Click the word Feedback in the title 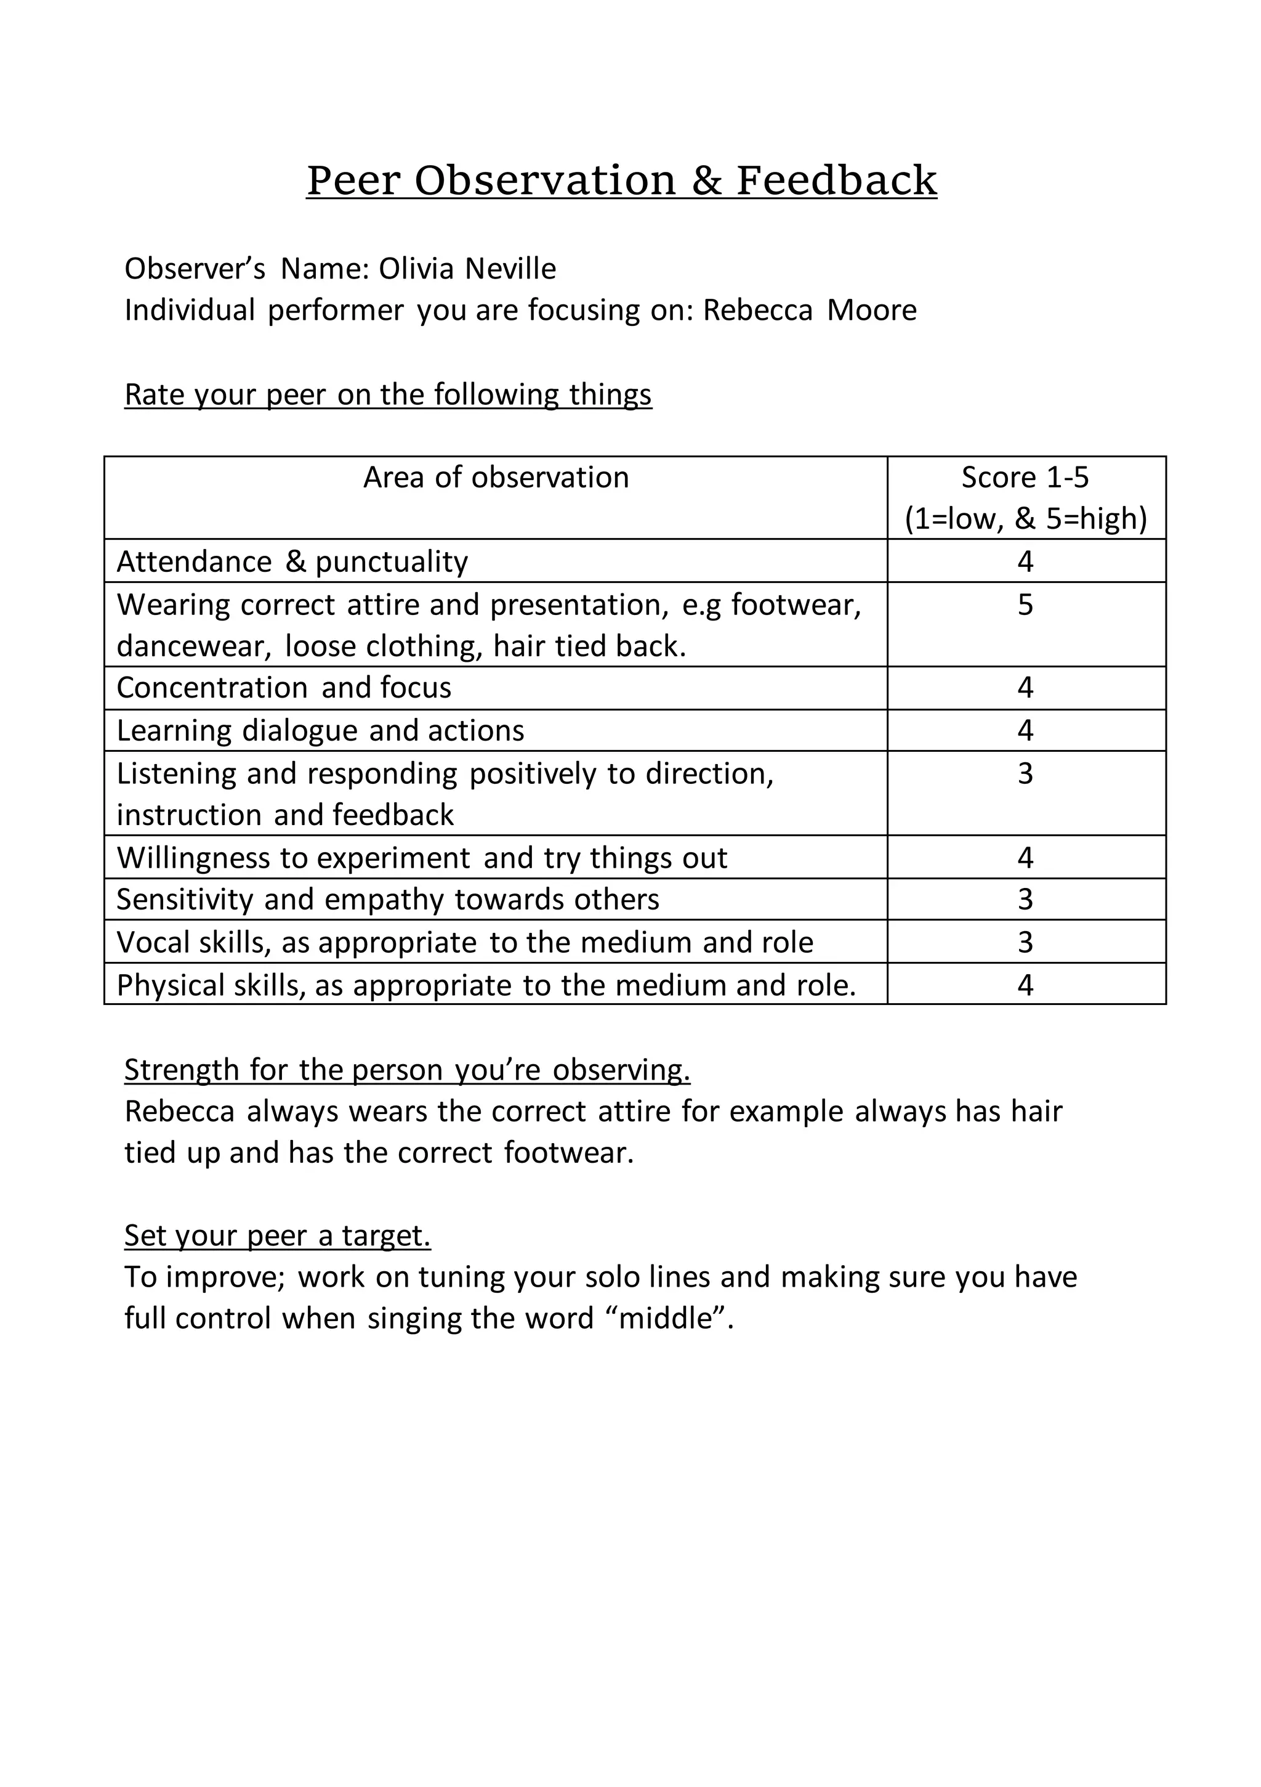[x=836, y=181]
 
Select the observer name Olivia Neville [x=467, y=269]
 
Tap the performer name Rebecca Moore [x=809, y=310]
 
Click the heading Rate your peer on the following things [x=387, y=394]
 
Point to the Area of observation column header [x=496, y=477]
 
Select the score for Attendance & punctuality [x=1025, y=561]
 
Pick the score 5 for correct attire [x=1025, y=604]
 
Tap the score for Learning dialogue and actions [x=1025, y=730]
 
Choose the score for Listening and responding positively [x=1025, y=773]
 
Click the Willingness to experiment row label [x=422, y=858]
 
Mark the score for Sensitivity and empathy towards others [x=1025, y=899]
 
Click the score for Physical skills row [x=1025, y=985]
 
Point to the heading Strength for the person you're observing [x=407, y=1070]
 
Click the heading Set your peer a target [x=277, y=1235]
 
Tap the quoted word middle [x=667, y=1319]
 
